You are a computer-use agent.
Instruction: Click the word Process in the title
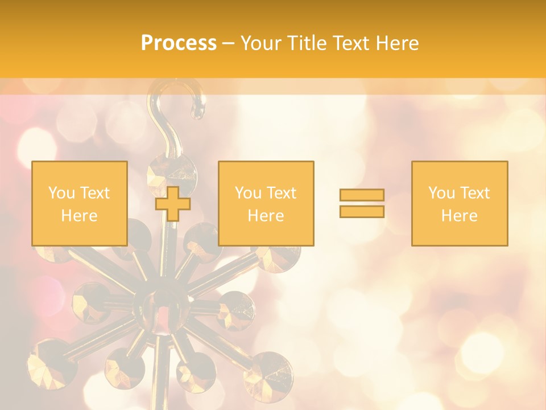tap(179, 43)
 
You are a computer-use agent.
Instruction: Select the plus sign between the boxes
tap(173, 203)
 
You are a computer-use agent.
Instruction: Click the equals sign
tap(362, 203)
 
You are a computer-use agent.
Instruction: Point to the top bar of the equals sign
tap(362, 195)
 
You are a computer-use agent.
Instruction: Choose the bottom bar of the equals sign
tap(362, 211)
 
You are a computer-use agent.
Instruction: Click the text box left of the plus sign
tap(79, 203)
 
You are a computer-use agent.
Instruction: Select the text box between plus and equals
tap(266, 203)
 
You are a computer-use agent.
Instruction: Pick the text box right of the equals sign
tap(459, 203)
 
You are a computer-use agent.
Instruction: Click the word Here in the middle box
tap(266, 216)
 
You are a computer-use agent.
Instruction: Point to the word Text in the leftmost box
tap(95, 193)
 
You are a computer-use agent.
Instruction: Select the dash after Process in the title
tap(228, 43)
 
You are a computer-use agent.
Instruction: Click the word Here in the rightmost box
tap(459, 216)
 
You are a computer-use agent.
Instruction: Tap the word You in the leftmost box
tap(61, 193)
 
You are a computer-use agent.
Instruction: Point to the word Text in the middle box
tap(282, 193)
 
